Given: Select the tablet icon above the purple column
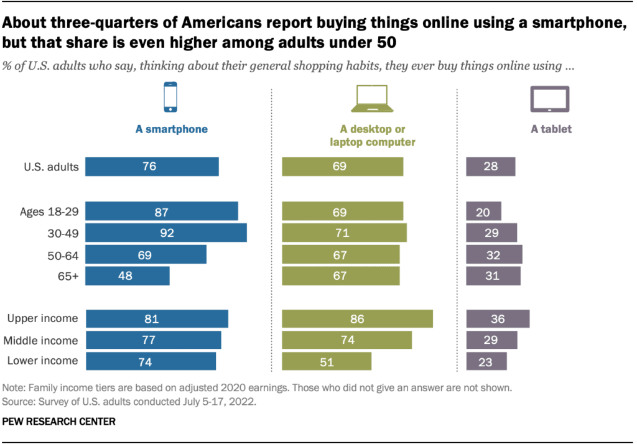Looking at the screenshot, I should (550, 98).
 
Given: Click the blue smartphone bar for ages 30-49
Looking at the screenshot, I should (165, 233).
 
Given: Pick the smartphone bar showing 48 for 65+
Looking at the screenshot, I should (127, 276).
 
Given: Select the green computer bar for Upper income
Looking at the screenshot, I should (357, 319).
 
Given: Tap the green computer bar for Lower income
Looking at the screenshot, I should (327, 361).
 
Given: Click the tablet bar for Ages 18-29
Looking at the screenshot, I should (483, 211).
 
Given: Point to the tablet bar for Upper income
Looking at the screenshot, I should (498, 319).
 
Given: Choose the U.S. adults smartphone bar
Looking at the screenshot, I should (152, 167).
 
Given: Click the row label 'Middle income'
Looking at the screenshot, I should (41, 340).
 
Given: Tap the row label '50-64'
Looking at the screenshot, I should (64, 255).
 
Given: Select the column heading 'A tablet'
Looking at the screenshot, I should (551, 130).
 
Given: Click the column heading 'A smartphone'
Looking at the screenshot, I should (171, 130).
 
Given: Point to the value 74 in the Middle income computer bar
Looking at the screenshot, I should (339, 340).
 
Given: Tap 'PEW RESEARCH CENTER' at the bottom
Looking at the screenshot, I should (59, 422).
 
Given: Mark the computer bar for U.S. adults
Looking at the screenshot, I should (342, 167).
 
